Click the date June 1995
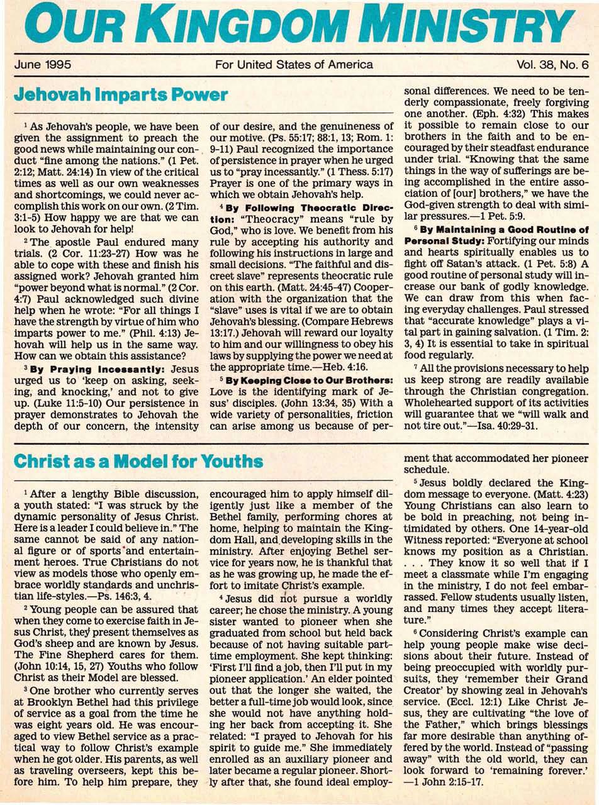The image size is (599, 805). click(x=42, y=64)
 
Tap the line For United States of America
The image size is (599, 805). click(x=294, y=64)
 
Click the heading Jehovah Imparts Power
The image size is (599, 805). click(x=120, y=95)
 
